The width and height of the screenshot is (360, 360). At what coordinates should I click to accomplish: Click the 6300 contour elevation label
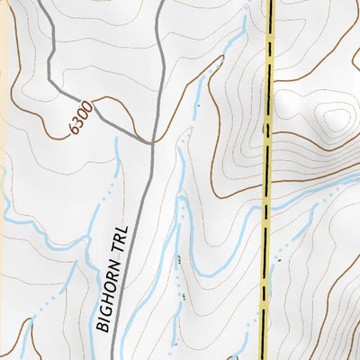[x=79, y=118]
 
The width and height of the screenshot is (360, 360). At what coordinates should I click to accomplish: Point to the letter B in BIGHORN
[x=103, y=327]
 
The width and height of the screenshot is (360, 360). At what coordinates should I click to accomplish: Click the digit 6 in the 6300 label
[x=70, y=129]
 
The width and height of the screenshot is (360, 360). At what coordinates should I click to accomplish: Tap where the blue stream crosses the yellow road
[x=266, y=208]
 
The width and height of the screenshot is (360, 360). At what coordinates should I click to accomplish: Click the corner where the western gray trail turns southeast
[x=49, y=82]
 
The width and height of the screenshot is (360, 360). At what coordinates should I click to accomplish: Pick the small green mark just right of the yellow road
[x=279, y=261]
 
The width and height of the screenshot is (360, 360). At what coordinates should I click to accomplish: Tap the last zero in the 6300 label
[x=88, y=107]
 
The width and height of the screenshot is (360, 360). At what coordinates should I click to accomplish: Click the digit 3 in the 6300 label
[x=76, y=122]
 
